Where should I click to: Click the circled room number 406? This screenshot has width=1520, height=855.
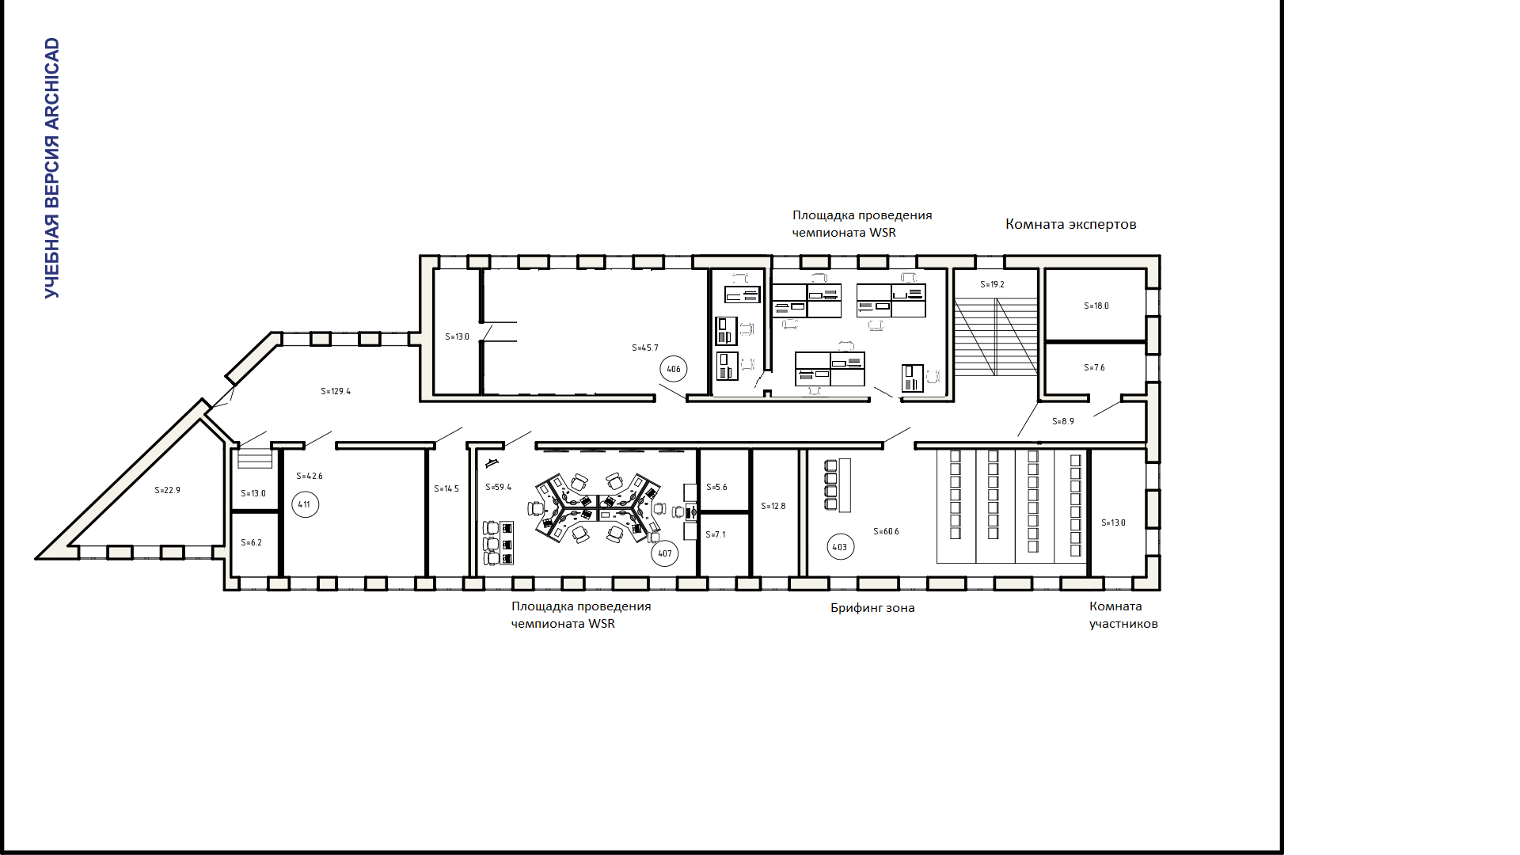pos(674,369)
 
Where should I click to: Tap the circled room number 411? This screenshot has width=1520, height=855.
pos(306,504)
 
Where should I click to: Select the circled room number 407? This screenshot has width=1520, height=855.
pos(665,553)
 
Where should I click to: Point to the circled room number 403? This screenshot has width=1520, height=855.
pos(841,547)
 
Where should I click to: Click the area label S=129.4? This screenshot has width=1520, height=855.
pos(336,391)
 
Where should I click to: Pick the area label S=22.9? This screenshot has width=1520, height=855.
pos(168,490)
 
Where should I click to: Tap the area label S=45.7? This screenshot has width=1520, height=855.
pos(645,348)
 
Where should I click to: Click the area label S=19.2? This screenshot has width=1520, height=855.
pos(993,284)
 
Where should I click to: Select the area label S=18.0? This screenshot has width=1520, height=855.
pos(1096,306)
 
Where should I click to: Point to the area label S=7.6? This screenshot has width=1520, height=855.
pos(1095,367)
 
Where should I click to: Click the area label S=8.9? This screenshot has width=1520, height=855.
pos(1063,421)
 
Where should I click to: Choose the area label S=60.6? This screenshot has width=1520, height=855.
pos(887,531)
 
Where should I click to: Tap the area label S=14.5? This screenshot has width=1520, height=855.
pos(446,488)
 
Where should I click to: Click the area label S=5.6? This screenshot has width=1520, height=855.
pos(717,487)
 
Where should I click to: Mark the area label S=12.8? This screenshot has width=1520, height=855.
pos(773,506)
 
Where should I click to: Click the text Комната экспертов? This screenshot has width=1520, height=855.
pos(1071,224)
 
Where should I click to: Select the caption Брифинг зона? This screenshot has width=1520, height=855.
pos(872,608)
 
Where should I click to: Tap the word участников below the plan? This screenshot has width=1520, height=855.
pos(1123,624)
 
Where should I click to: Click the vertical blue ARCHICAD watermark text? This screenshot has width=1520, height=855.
pos(52,168)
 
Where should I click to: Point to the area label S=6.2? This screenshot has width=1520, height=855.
pos(252,542)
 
